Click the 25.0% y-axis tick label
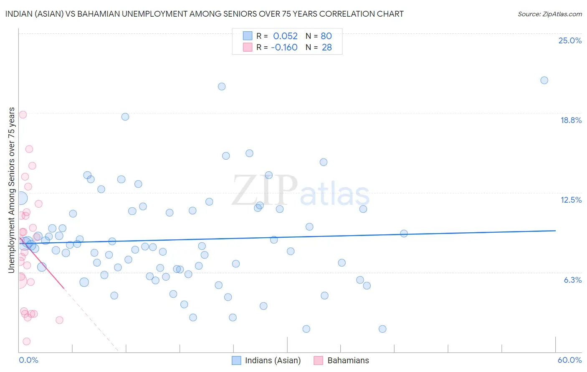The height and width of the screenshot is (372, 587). pos(570,40)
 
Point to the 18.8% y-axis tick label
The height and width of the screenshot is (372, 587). pos(571,120)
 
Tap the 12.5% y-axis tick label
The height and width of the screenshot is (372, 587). pos(571,200)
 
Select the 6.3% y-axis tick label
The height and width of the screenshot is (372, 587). pos(572,280)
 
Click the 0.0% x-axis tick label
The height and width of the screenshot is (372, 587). pos(28,360)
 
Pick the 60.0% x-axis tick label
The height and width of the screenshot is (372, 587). pos(569,360)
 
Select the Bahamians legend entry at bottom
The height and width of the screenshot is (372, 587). pos(348,360)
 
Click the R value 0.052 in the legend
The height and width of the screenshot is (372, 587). pos(285,36)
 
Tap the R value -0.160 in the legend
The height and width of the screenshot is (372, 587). pos(284,47)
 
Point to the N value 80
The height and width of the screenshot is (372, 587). pos(326,36)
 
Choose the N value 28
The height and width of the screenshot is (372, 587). pos(326,47)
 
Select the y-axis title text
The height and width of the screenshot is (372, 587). pos(11,190)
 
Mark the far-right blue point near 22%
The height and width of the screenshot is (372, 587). pos(544,80)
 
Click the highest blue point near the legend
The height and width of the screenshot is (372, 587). pos(222,86)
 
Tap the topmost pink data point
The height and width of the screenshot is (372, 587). pos(23,115)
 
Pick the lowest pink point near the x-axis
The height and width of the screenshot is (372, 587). pos(26,341)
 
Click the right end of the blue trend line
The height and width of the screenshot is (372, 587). pos(555,231)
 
